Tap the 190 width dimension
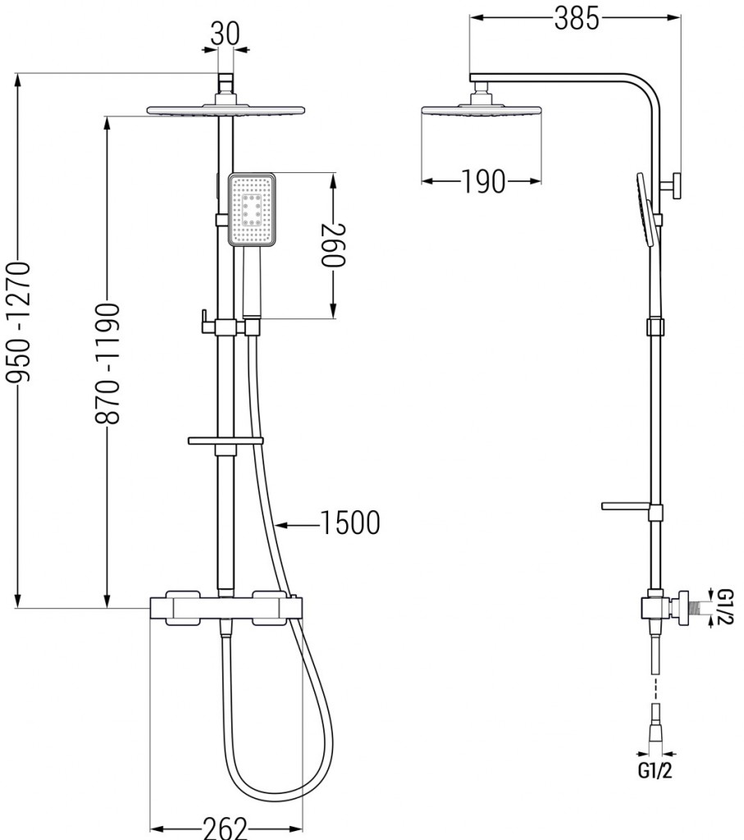pyautogui.click(x=482, y=182)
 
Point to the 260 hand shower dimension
pyautogui.click(x=332, y=244)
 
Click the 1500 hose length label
pyautogui.click(x=350, y=523)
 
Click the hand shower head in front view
pyautogui.click(x=253, y=210)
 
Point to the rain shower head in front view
pyautogui.click(x=226, y=109)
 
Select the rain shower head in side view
pyautogui.click(x=481, y=110)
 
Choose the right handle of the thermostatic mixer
pyautogui.click(x=272, y=609)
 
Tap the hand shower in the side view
pyautogui.click(x=646, y=208)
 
